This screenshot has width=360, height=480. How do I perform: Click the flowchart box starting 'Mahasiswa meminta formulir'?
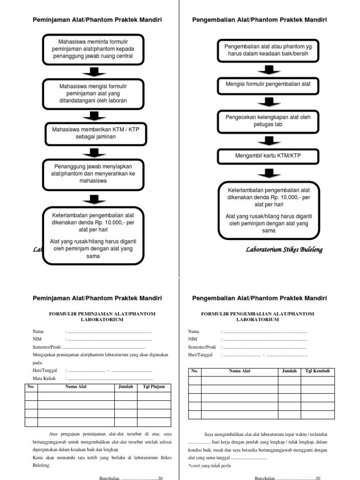(x=93, y=49)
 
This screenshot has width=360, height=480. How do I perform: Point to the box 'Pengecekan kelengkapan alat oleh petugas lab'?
(x=269, y=120)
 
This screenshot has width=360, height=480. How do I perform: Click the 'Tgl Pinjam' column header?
(x=154, y=387)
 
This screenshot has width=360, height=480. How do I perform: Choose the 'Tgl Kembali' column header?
(x=317, y=371)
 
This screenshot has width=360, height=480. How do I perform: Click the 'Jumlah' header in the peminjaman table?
(x=125, y=387)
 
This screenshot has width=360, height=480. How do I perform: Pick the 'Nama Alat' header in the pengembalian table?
(x=240, y=371)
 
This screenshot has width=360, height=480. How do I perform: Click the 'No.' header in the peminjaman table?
(x=31, y=387)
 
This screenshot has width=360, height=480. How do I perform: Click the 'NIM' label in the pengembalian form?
(x=193, y=339)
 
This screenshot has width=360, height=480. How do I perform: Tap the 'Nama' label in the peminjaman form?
(x=38, y=331)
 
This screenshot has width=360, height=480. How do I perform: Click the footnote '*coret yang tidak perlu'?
(x=210, y=466)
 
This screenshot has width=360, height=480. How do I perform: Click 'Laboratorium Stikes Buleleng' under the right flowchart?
(x=284, y=249)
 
